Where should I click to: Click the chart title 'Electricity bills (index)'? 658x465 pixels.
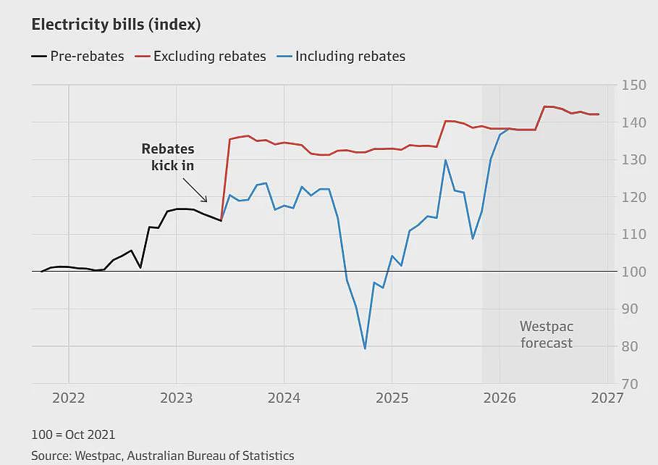(116, 25)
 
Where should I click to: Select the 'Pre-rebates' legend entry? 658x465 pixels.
(77, 56)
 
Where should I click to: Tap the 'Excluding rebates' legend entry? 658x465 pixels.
(201, 56)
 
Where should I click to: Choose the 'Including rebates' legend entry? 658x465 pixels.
(341, 56)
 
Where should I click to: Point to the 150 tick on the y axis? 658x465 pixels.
(633, 85)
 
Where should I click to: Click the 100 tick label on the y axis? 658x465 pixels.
(633, 272)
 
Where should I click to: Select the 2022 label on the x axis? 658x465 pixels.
(68, 398)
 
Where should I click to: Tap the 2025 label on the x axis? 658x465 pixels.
(392, 398)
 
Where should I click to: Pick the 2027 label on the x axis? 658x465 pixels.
(607, 398)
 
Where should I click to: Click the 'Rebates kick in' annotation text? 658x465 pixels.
(168, 157)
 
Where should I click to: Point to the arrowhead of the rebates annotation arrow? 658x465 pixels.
(206, 201)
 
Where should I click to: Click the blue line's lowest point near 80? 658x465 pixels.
(365, 348)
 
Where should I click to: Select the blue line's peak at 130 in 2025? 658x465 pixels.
(445, 160)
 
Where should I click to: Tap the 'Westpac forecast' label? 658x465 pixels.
(547, 335)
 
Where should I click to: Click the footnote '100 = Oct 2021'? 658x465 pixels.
(73, 435)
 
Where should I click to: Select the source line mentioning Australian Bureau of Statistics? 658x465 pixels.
(163, 456)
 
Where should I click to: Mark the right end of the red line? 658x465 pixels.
(599, 114)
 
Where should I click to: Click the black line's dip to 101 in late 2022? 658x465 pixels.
(140, 267)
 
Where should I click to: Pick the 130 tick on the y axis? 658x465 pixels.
(633, 160)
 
